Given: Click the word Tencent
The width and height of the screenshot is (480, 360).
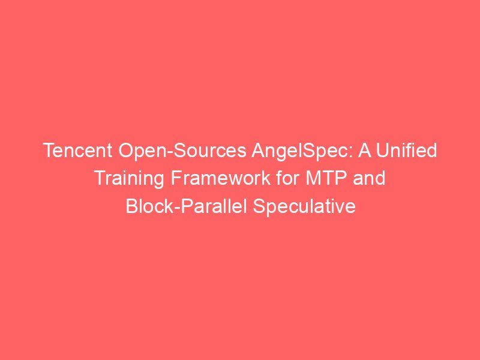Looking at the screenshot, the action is coord(79,151).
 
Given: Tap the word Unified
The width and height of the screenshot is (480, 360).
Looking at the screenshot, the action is coord(407,150).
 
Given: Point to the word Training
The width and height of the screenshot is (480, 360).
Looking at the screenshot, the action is coord(130,179).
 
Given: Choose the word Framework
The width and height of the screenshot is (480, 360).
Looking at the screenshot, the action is coord(220,178).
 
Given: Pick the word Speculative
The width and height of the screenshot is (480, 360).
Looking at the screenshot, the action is coord(304,206).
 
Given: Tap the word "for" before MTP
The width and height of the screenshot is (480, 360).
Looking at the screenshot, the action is coord(288,178).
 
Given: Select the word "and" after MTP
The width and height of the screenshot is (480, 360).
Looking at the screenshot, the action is coord(369,178).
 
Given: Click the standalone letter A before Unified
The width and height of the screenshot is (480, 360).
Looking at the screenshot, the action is coord(365,151).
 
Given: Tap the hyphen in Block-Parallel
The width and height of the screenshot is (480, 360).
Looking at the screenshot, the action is coord(176,208).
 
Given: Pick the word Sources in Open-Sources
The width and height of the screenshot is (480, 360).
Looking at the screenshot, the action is coord(209,151).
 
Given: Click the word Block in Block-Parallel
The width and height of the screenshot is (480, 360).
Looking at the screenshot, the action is coord(149,205).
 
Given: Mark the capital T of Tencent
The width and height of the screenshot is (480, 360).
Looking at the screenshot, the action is coord(50,151).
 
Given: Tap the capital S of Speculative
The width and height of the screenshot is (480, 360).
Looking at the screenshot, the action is coord(259,206).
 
